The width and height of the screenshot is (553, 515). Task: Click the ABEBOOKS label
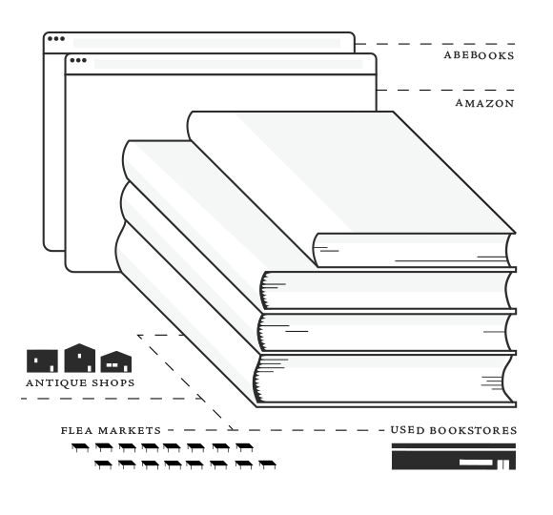pyautogui.click(x=479, y=55)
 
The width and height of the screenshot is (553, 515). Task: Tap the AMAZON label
pyautogui.click(x=485, y=103)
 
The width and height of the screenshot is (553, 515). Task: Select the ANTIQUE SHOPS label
pyautogui.click(x=80, y=382)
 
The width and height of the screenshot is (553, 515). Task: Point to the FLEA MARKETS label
pyautogui.click(x=111, y=430)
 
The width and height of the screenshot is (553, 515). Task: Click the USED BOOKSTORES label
pyautogui.click(x=454, y=430)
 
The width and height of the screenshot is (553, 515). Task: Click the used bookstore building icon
pyautogui.click(x=454, y=457)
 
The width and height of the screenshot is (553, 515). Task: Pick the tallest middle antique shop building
pyautogui.click(x=80, y=358)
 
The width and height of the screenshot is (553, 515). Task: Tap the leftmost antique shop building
pyautogui.click(x=42, y=360)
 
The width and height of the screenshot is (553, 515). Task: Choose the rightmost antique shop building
pyautogui.click(x=116, y=361)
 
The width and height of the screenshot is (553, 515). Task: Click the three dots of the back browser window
pyautogui.click(x=56, y=39)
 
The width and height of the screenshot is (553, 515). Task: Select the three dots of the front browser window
pyautogui.click(x=78, y=60)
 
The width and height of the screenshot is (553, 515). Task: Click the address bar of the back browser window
pyautogui.click(x=207, y=43)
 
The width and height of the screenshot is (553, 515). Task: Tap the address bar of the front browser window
pyautogui.click(x=228, y=64)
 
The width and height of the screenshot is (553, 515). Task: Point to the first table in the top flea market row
pyautogui.click(x=80, y=447)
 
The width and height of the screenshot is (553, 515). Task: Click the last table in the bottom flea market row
pyautogui.click(x=267, y=464)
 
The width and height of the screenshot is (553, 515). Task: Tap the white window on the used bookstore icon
pyautogui.click(x=476, y=463)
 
